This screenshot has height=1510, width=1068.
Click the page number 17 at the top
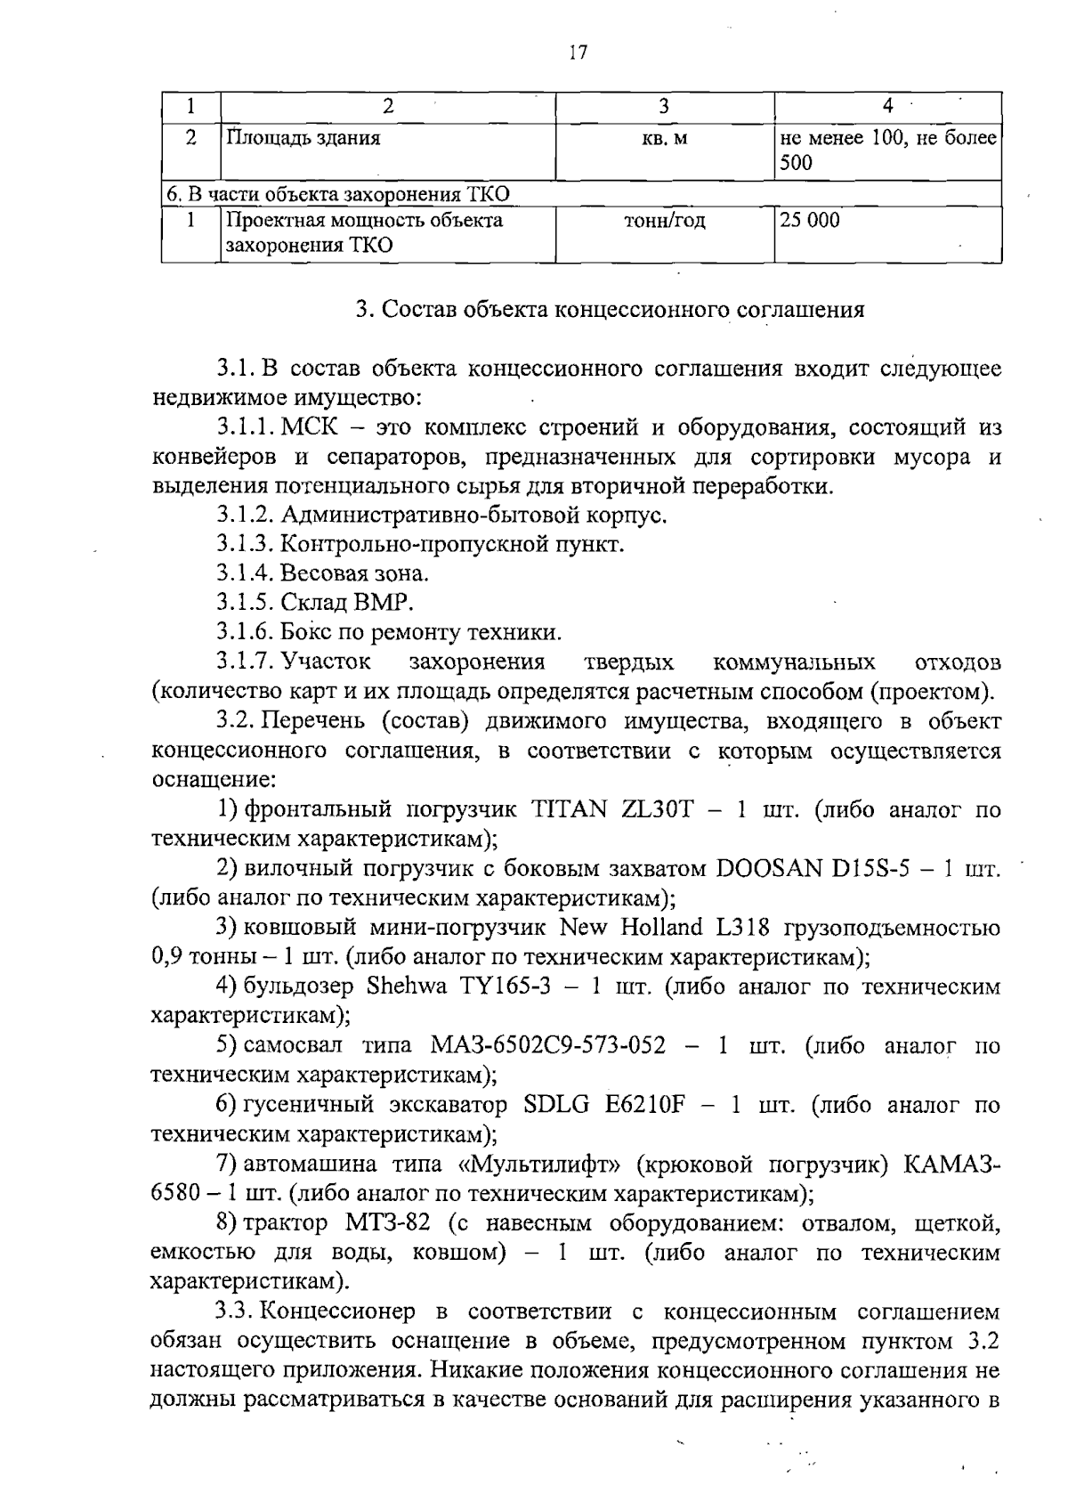click(x=578, y=53)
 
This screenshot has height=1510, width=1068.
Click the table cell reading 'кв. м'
click(x=664, y=139)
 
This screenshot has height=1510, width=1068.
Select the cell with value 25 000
click(x=810, y=220)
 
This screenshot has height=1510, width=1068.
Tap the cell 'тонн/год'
click(x=665, y=220)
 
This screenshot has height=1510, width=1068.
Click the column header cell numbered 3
click(x=664, y=106)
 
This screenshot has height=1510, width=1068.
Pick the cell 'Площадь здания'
click(x=303, y=139)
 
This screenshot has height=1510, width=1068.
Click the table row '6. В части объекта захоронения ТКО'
click(x=338, y=194)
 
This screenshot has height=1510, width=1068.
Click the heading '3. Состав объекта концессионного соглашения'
click(x=610, y=310)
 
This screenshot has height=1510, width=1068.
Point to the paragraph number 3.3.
click(x=236, y=1311)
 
